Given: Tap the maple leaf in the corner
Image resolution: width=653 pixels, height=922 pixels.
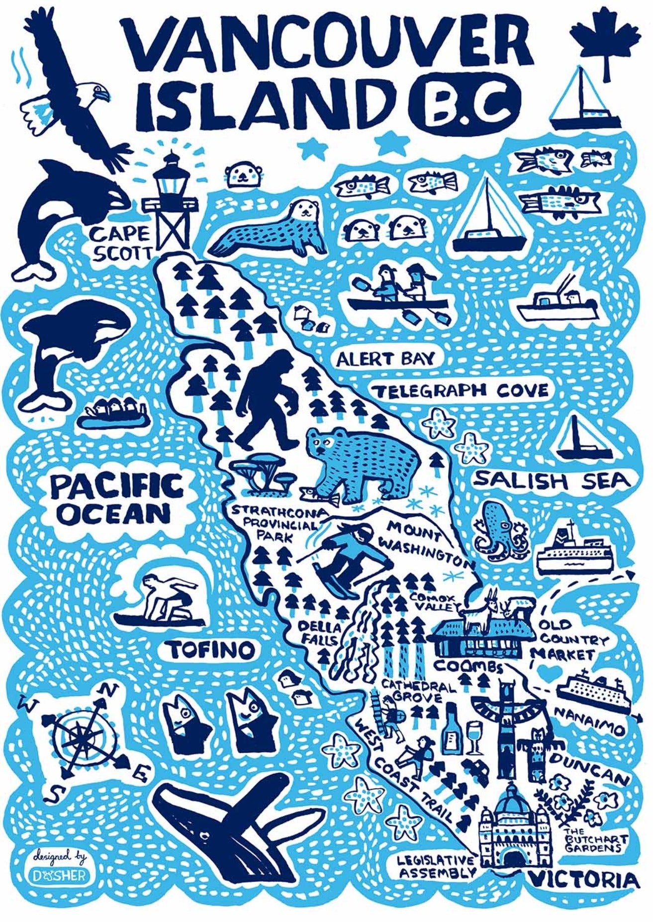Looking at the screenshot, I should pos(604,42).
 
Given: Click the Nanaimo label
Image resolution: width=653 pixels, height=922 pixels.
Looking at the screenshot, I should pos(589,726).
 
